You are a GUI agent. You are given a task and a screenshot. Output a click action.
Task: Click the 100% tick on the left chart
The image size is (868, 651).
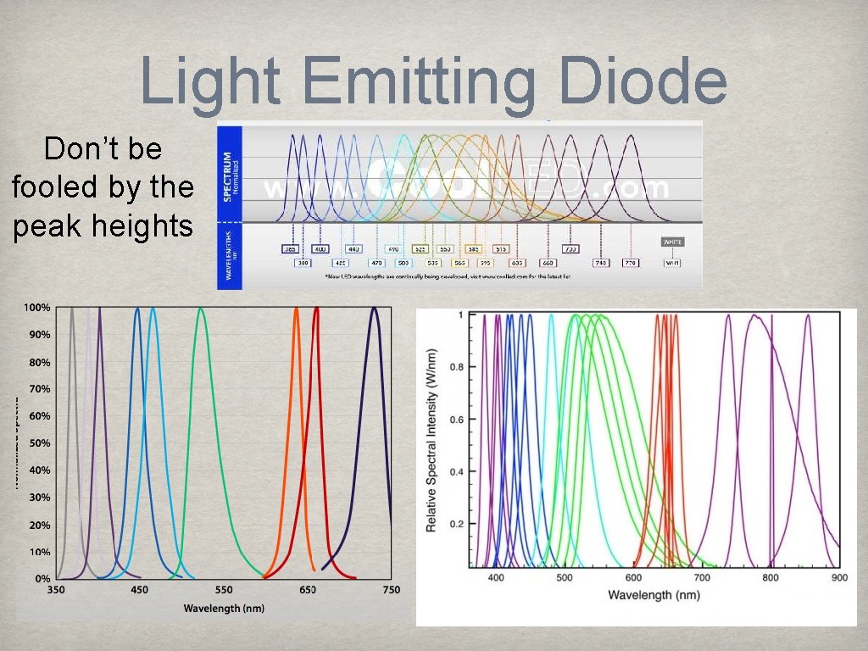point(36,307)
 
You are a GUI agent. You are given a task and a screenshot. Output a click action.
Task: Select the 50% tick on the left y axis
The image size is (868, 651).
point(39,443)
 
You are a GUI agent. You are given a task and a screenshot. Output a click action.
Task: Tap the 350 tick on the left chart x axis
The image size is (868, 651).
point(56,590)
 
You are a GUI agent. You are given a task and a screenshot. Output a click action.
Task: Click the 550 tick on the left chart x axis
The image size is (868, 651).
point(224,590)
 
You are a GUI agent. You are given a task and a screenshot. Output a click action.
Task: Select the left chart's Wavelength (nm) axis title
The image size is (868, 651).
point(224,609)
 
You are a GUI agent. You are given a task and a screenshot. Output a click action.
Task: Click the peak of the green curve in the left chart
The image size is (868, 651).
point(201,309)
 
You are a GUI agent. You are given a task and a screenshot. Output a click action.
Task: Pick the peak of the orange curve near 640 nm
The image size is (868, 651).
point(297,309)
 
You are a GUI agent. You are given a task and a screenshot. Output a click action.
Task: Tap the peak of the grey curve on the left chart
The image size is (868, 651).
point(72,309)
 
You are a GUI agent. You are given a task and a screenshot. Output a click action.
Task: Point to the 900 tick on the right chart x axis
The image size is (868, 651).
point(838,577)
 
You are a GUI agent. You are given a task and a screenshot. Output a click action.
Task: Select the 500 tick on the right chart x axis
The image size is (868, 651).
point(565,577)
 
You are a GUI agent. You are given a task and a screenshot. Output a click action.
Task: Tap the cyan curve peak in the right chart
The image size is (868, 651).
point(551,315)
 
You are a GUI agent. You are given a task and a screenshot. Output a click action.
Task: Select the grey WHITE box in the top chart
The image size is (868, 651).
point(672,242)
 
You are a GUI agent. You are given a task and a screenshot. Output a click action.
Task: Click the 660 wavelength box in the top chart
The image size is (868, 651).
point(548,263)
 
